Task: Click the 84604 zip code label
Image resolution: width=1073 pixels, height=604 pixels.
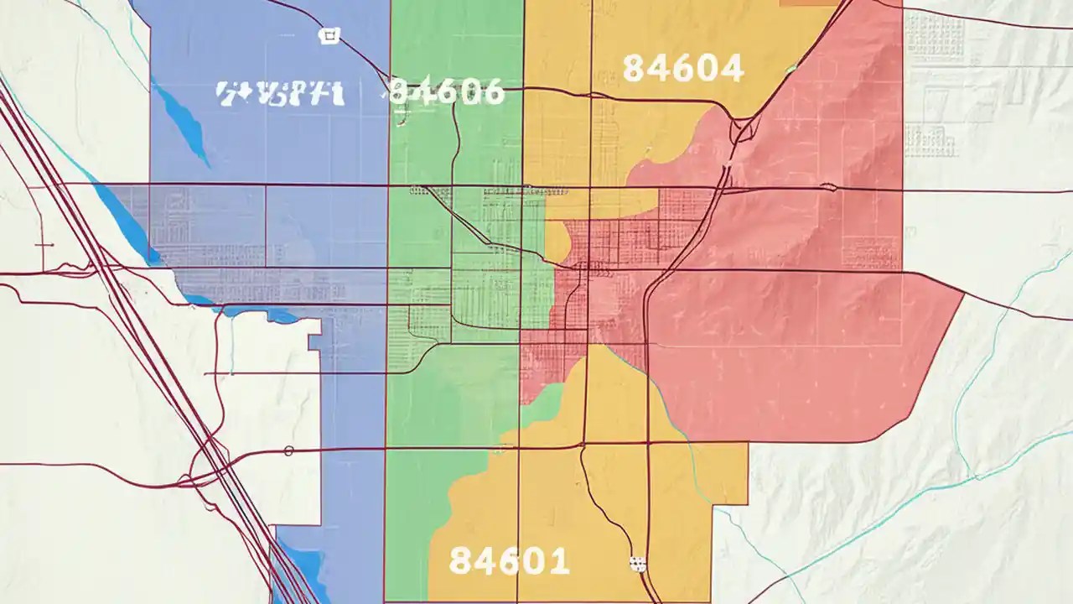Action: (683, 69)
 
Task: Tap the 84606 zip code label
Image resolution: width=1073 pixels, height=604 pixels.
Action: (447, 91)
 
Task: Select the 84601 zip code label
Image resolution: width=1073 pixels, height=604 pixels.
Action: (509, 560)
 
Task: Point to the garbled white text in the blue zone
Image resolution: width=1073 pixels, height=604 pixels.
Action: (280, 93)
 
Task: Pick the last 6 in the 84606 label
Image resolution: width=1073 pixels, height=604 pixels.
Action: (492, 91)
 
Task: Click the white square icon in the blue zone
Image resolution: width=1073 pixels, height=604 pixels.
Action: (330, 35)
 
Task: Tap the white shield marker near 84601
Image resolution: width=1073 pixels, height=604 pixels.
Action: (639, 563)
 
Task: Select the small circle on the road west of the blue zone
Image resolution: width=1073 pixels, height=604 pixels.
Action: (288, 451)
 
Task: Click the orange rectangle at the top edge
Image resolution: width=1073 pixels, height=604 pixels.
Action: (809, 3)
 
